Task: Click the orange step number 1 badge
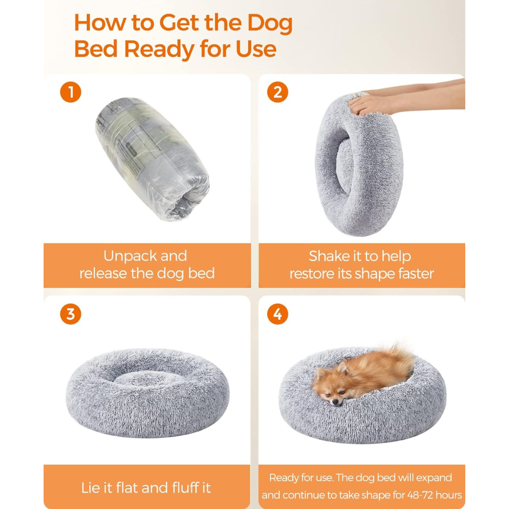[70, 92]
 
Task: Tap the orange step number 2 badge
[277, 92]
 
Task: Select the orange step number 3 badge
[70, 314]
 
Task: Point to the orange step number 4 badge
[277, 314]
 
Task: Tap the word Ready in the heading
[159, 49]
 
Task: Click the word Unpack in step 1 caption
[129, 256]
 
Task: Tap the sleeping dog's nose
[336, 403]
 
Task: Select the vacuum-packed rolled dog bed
[152, 159]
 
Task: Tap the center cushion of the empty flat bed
[148, 379]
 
